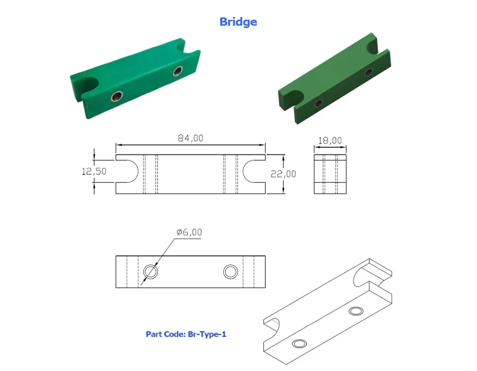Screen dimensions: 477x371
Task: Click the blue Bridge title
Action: (238, 22)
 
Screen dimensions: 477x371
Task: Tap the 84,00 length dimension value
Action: (190, 138)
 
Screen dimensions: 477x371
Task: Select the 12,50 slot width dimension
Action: (94, 172)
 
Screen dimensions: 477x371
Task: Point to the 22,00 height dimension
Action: (283, 174)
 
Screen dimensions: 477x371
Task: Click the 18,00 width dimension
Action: (330, 140)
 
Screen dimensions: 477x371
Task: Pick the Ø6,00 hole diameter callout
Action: (189, 232)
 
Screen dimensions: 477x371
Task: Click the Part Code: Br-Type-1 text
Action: (186, 334)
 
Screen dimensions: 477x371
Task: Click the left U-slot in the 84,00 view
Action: (138, 172)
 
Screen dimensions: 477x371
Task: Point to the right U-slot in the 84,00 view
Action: (243, 172)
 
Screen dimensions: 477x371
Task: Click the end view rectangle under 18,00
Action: (330, 174)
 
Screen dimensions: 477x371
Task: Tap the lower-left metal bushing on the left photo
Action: (117, 96)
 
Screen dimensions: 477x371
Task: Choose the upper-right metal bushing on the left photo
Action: (178, 72)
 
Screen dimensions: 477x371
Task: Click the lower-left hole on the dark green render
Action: (319, 103)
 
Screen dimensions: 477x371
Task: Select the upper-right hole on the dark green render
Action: (369, 73)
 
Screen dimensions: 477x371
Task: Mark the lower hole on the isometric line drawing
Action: (299, 343)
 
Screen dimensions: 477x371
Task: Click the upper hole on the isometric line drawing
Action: (356, 311)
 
